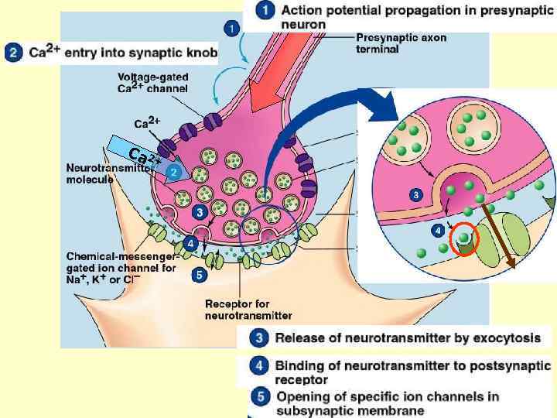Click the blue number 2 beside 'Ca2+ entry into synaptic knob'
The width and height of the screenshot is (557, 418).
point(12,53)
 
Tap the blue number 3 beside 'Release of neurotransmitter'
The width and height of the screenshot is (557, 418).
point(261,337)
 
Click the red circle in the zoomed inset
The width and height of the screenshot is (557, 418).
point(465,241)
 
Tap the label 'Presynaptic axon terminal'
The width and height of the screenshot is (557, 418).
point(401,43)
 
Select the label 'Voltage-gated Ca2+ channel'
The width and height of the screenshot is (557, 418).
point(154,82)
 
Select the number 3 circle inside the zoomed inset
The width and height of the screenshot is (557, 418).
point(415,194)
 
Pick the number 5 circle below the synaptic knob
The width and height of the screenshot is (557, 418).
point(199,273)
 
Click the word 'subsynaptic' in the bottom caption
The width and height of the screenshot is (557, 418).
point(304,410)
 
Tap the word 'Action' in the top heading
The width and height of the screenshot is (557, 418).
point(301,11)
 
